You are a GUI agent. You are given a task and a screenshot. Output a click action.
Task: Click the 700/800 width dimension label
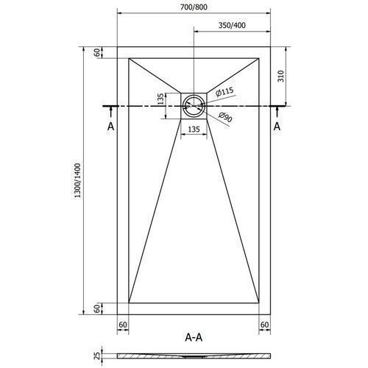pos(194,7)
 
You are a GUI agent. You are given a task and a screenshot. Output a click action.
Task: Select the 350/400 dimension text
pos(232,25)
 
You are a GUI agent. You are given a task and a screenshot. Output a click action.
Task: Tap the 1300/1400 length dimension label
pos(77,180)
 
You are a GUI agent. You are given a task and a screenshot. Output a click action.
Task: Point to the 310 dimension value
pos(281,76)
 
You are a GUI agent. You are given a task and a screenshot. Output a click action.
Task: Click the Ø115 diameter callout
pos(224,91)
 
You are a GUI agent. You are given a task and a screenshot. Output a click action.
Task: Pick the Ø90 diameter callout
pos(225,117)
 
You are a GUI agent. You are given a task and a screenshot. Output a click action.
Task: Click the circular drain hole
pos(194,106)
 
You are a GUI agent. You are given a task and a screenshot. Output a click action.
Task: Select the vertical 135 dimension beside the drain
pos(160,99)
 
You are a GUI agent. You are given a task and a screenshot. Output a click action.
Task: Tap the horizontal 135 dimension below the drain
pos(194,129)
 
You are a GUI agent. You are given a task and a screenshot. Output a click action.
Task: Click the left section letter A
pos(111,127)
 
